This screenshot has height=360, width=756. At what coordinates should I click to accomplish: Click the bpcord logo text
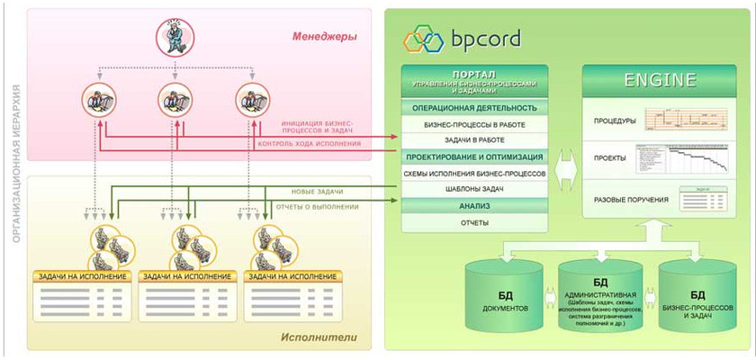[482, 40]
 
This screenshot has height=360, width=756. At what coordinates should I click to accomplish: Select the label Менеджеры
[325, 37]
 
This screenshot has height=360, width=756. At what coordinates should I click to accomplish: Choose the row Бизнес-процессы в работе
[474, 124]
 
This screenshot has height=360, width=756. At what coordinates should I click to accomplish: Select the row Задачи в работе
[474, 140]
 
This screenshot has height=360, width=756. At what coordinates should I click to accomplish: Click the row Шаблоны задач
[474, 189]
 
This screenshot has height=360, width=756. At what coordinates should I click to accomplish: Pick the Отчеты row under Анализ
[474, 221]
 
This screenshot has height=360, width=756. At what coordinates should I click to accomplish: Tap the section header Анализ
[474, 205]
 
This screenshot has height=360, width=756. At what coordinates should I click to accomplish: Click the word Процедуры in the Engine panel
[615, 121]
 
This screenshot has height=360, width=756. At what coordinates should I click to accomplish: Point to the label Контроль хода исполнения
[309, 143]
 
